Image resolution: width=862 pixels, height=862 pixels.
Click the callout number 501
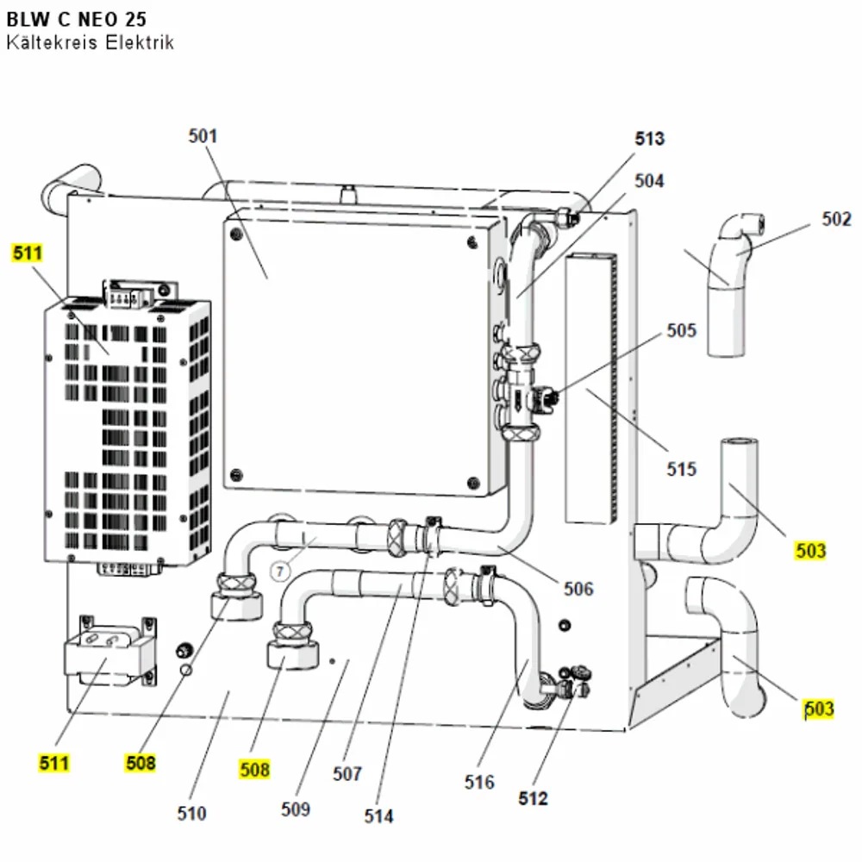tap(203, 136)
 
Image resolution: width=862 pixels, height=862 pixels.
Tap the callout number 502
tap(836, 219)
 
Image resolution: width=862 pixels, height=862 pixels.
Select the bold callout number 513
tap(650, 139)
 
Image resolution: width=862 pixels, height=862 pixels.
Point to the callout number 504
tap(649, 180)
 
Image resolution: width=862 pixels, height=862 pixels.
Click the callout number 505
tap(681, 330)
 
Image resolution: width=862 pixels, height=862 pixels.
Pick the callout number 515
tap(681, 469)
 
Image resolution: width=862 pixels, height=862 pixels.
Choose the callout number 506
tap(578, 589)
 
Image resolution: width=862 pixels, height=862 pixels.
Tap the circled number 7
tap(280, 572)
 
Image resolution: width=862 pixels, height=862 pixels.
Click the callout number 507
tap(347, 773)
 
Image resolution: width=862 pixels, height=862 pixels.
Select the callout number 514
tap(378, 815)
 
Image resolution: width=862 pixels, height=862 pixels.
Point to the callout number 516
tap(478, 782)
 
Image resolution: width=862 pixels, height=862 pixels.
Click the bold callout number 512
tap(533, 798)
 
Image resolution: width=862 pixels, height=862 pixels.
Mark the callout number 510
tap(191, 813)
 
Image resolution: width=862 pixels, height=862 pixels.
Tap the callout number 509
tap(295, 809)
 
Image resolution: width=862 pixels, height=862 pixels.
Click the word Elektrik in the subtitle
tap(140, 42)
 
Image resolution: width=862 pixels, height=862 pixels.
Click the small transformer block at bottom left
tap(111, 651)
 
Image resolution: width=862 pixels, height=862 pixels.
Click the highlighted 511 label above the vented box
tap(27, 253)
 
